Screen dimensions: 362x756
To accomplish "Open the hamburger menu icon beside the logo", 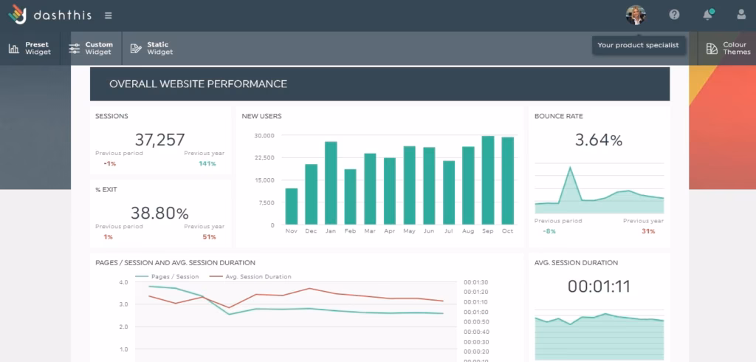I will coord(109,16).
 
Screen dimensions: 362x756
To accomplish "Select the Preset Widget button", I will coord(30,49).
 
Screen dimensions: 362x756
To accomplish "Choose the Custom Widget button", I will coord(90,49).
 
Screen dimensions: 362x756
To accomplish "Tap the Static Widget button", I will coord(151,49).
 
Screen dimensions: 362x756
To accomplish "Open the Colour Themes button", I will coord(728,49).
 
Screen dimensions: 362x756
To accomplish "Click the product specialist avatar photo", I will coord(635,15).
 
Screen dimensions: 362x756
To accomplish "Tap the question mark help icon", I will coord(674,15).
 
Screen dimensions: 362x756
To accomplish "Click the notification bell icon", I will coord(707,15).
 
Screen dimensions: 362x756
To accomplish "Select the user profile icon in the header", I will coord(741,15).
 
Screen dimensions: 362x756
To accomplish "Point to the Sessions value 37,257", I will coord(159,139).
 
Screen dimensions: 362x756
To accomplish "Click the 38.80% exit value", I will coord(159,214).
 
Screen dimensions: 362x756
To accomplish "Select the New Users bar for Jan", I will coord(331,182).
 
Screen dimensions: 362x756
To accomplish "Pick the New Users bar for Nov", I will coord(291,206).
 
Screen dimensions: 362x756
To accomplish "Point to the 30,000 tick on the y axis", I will coord(264,135).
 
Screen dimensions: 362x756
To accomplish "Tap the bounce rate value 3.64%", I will coord(599,140).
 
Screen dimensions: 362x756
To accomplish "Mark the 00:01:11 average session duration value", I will coord(599,287).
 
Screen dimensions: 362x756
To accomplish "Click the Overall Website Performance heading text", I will coord(198,84).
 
